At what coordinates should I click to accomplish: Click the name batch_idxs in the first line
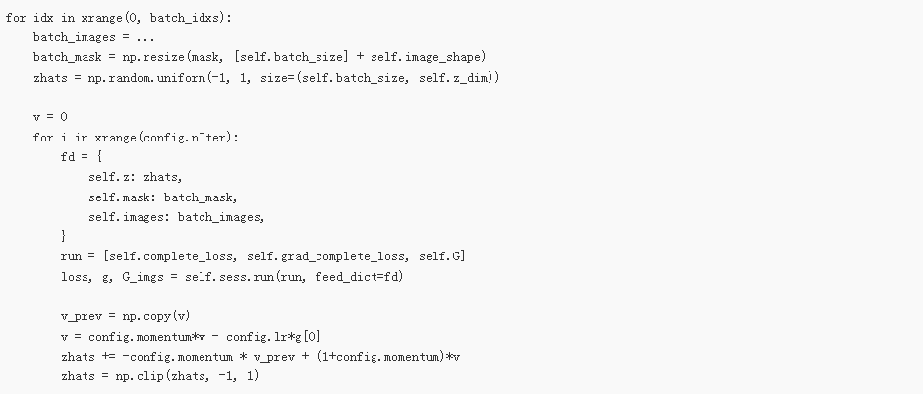pos(176,17)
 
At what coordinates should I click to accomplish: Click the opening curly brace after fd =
pos(101,157)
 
